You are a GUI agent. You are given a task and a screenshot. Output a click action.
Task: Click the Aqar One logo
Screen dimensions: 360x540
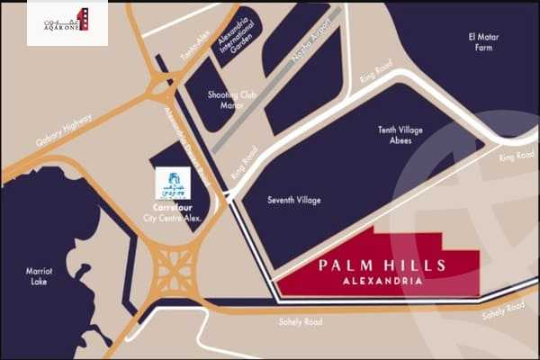click(x=68, y=21)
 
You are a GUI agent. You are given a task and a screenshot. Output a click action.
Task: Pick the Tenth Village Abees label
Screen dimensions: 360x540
click(x=400, y=135)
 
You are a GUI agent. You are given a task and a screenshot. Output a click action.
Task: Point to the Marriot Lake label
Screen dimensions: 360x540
click(x=39, y=275)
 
